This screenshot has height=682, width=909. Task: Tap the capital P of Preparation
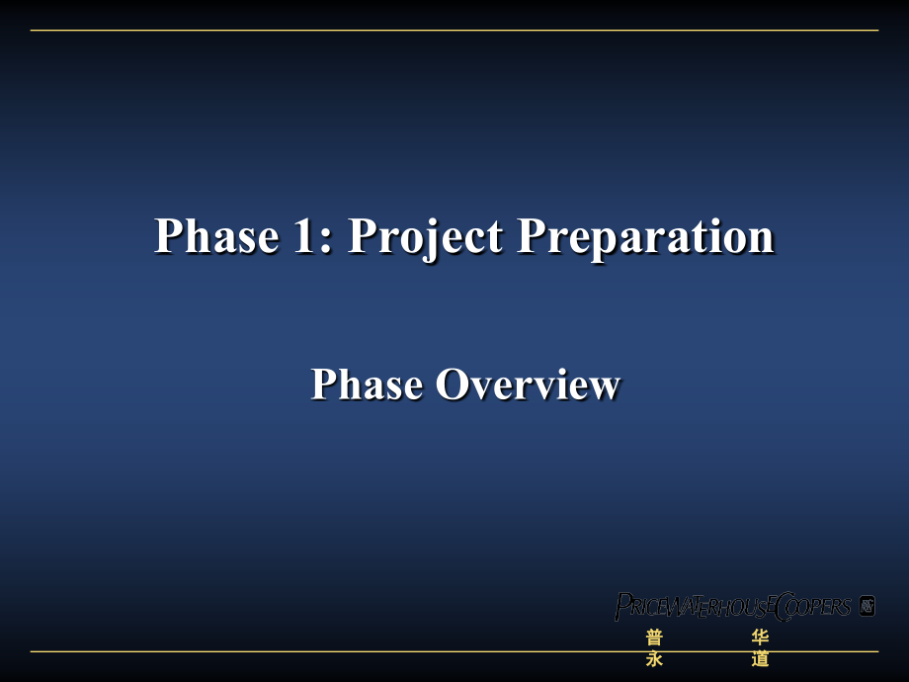pos(534,237)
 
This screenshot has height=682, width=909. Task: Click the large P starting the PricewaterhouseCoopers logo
pos(623,606)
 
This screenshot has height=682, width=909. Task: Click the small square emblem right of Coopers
pos(868,605)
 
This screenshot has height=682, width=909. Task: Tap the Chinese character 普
pos(654,638)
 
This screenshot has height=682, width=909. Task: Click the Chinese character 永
pos(654,658)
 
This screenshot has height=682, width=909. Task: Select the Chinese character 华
pos(760,638)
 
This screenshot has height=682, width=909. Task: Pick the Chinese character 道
pos(760,658)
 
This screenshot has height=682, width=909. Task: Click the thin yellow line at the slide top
pos(454,31)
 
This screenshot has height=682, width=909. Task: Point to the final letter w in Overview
pos(606,386)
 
